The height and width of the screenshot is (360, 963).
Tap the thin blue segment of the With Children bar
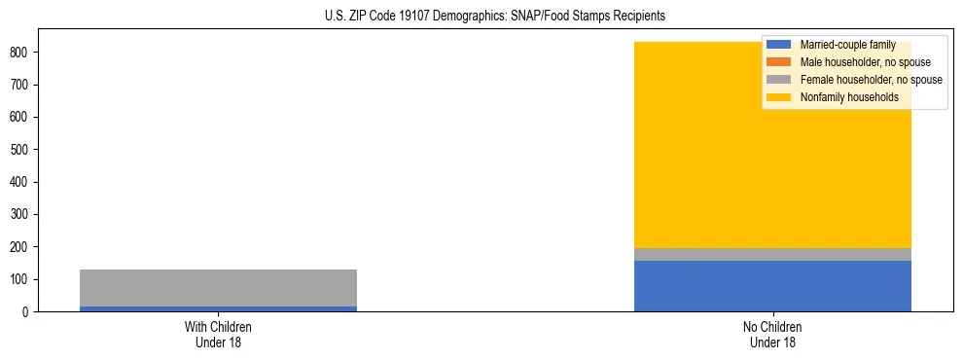pyautogui.click(x=218, y=308)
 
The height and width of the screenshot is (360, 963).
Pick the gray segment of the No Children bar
pyautogui.click(x=772, y=254)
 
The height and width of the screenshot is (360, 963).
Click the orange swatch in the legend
pyautogui.click(x=779, y=62)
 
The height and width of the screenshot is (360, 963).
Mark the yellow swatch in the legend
pyautogui.click(x=779, y=97)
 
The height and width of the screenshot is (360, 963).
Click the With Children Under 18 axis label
pyautogui.click(x=218, y=334)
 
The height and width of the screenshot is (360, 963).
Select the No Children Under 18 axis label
pyautogui.click(x=772, y=334)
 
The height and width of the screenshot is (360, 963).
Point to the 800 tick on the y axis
pyautogui.click(x=21, y=52)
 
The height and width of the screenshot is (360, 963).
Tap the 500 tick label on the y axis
pyautogui.click(x=21, y=149)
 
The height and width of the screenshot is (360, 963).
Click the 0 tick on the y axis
pyautogui.click(x=27, y=311)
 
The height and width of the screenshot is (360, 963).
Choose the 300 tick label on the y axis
pyautogui.click(x=21, y=214)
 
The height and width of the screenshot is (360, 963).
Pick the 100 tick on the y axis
pyautogui.click(x=21, y=279)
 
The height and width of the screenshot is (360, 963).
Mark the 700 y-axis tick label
pyautogui.click(x=21, y=85)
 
